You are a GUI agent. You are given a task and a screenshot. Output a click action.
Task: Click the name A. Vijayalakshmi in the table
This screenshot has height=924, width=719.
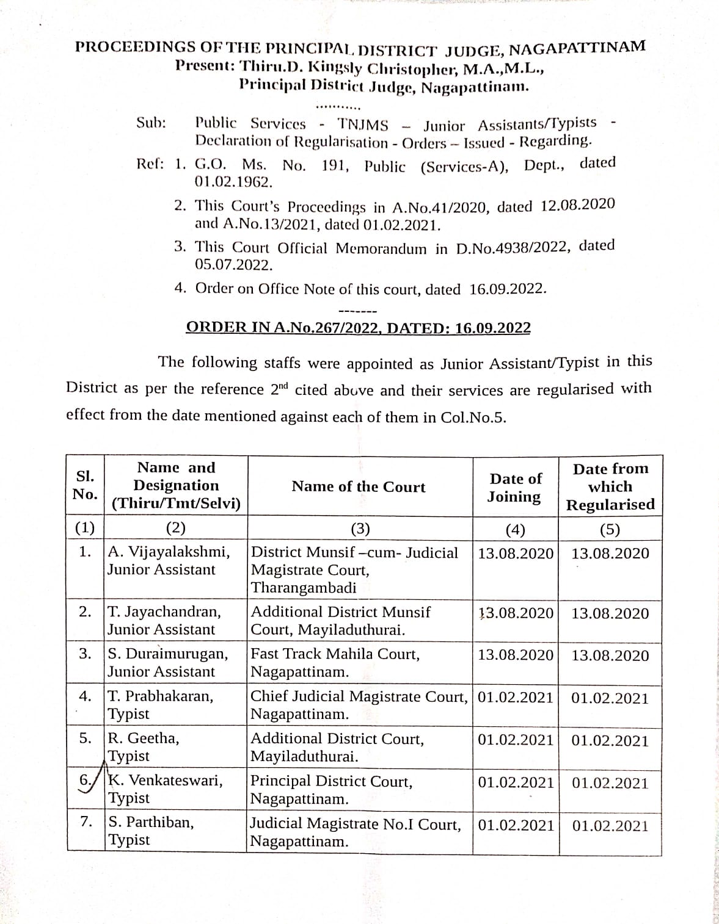169,552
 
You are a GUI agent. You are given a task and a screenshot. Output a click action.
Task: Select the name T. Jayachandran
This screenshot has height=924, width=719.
164,612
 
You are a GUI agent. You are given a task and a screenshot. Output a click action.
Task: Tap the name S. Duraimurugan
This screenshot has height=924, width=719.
168,654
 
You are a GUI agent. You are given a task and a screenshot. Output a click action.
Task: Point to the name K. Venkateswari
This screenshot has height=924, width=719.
165,780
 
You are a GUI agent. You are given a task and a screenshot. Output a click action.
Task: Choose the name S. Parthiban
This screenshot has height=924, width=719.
151,822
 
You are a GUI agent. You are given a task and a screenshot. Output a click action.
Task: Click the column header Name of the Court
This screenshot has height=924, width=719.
358,486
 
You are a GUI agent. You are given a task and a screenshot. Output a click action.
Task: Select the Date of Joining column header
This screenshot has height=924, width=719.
515,488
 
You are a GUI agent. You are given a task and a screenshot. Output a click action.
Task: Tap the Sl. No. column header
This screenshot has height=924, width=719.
85,485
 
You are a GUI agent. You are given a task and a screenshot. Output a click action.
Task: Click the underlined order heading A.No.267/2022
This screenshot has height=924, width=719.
358,328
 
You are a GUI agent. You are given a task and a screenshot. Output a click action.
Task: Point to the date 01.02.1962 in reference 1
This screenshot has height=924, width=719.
233,182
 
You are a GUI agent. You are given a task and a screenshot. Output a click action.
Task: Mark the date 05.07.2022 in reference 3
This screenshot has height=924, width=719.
233,265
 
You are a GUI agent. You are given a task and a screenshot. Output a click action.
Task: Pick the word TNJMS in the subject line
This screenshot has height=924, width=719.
363,125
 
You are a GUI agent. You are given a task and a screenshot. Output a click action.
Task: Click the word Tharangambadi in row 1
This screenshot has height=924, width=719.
304,588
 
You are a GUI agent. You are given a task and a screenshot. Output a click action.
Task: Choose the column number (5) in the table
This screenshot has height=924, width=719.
610,529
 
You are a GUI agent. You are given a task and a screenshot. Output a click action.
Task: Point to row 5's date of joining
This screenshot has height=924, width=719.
515,740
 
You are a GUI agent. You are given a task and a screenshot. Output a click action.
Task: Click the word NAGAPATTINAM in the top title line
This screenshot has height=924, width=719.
577,48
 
